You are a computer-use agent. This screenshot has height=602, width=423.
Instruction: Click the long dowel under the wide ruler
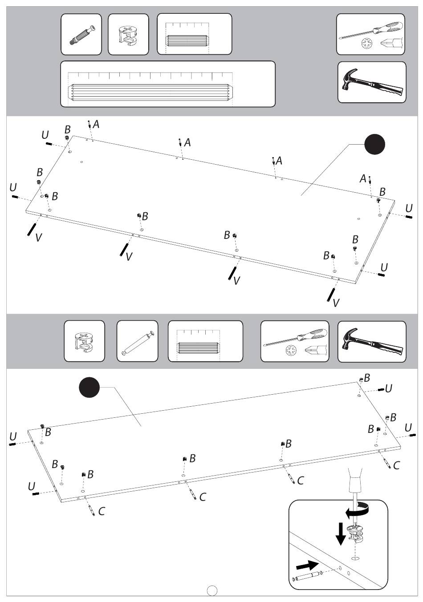[x=150, y=93]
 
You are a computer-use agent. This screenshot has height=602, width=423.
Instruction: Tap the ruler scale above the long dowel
[x=150, y=76]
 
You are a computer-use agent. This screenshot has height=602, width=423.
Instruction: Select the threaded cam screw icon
[x=81, y=35]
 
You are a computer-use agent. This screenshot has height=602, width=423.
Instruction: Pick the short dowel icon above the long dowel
[x=187, y=40]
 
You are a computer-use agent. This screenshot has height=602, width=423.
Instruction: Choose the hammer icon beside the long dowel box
[x=372, y=82]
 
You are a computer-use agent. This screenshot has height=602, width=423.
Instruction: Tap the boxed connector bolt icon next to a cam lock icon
[x=138, y=341]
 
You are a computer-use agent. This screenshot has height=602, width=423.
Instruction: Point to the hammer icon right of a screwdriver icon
[x=372, y=342]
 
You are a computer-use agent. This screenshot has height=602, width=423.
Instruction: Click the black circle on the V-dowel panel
[x=374, y=144]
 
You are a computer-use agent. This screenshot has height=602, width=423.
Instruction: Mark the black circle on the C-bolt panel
[x=89, y=387]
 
